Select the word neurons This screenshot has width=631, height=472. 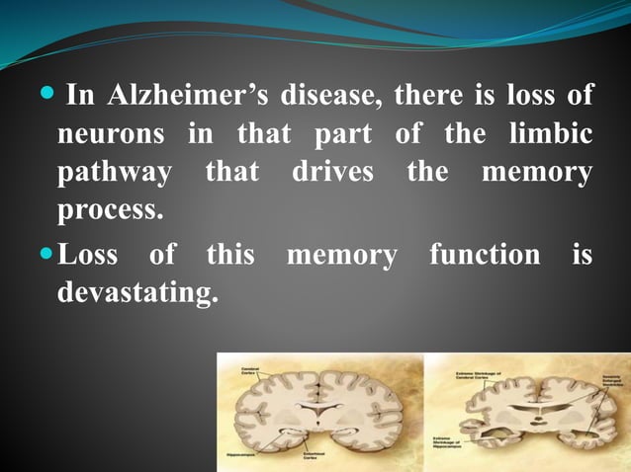tap(110, 134)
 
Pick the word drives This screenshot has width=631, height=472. tap(332, 173)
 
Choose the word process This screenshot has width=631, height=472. tap(110, 210)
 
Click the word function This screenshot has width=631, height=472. tap(485, 256)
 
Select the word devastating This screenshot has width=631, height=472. tap(137, 293)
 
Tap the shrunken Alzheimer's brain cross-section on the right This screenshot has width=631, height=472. tap(525, 411)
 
